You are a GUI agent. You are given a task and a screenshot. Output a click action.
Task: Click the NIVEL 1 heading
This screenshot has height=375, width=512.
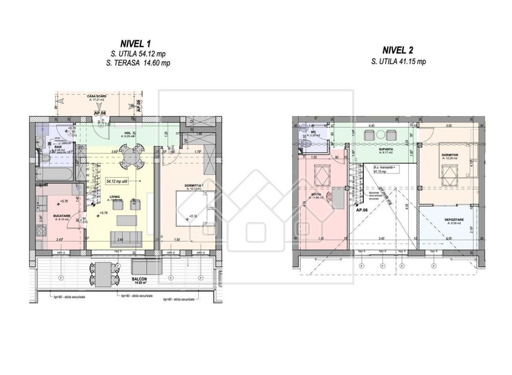click(x=136, y=44)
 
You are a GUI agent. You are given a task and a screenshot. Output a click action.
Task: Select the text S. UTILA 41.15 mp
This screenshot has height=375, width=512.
click(x=398, y=62)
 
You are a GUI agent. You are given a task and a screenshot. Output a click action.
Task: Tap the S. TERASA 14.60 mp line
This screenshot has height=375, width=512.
click(x=136, y=63)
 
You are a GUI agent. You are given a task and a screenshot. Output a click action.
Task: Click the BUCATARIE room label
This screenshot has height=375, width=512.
click(x=53, y=217)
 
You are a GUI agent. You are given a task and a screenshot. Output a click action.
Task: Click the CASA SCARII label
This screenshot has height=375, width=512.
click(x=96, y=97)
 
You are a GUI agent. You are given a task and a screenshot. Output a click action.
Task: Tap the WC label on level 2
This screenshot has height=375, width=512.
click(x=313, y=132)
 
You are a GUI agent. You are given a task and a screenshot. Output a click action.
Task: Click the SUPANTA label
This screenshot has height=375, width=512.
click(x=373, y=149)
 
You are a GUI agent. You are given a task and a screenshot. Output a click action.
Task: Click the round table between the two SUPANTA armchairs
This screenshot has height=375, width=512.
click(x=379, y=135)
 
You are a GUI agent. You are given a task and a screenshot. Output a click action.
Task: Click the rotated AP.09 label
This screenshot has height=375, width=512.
click(x=138, y=105)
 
